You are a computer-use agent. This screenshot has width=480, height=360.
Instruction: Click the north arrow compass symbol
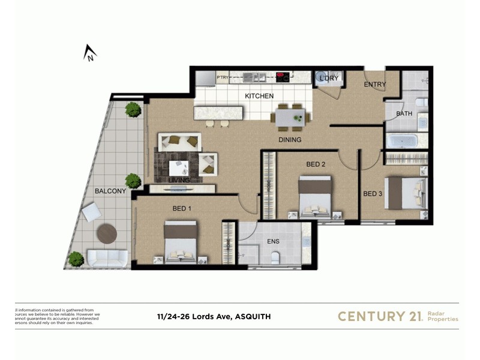click(90, 54)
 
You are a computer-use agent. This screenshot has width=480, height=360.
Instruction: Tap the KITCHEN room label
click(259, 96)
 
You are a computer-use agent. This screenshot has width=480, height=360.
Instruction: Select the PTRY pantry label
click(223, 77)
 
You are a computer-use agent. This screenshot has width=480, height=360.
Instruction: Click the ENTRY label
click(374, 85)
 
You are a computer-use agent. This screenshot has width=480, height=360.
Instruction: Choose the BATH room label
click(404, 113)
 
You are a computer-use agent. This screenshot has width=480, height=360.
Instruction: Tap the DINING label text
click(289, 140)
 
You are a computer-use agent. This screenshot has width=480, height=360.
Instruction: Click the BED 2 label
click(316, 164)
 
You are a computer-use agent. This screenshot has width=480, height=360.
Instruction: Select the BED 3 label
click(373, 193)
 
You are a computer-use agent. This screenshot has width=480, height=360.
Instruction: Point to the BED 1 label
click(182, 208)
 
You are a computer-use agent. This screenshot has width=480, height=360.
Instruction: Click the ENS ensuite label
click(272, 242)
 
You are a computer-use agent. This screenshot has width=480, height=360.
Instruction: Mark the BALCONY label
click(110, 191)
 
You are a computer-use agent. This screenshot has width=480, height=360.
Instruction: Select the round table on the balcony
click(108, 233)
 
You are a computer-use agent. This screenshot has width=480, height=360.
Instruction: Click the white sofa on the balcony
click(107, 259)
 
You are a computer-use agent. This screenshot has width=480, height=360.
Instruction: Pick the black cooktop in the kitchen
click(282, 77)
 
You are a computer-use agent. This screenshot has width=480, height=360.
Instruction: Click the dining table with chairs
click(290, 115)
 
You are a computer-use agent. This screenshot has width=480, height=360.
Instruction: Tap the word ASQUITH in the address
click(253, 316)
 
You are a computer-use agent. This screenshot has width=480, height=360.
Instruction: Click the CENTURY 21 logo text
click(380, 316)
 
